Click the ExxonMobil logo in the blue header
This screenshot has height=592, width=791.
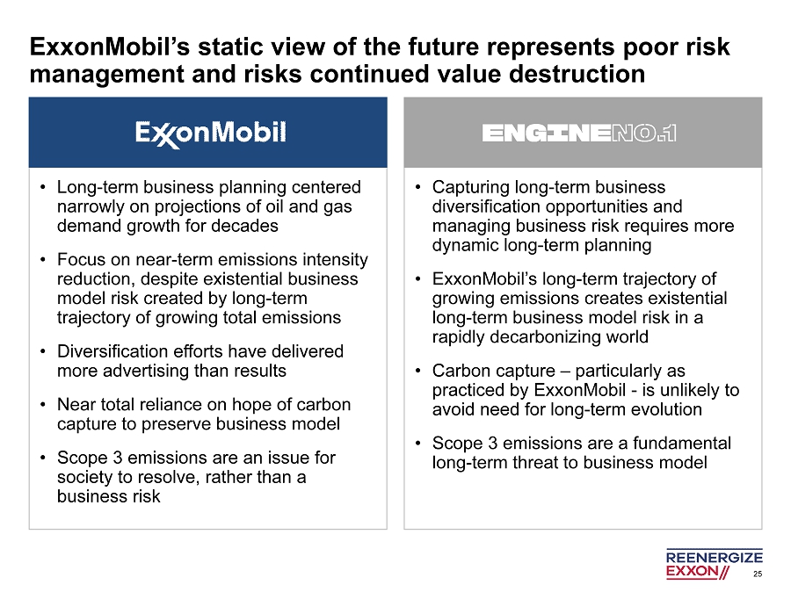(x=210, y=134)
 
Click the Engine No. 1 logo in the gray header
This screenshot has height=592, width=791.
(x=579, y=134)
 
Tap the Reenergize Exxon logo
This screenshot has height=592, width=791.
(x=715, y=564)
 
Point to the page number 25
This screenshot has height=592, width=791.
(x=758, y=574)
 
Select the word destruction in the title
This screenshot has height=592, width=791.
(x=577, y=74)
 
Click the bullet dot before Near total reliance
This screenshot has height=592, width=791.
(x=43, y=404)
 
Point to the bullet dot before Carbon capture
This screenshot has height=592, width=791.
(x=418, y=371)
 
